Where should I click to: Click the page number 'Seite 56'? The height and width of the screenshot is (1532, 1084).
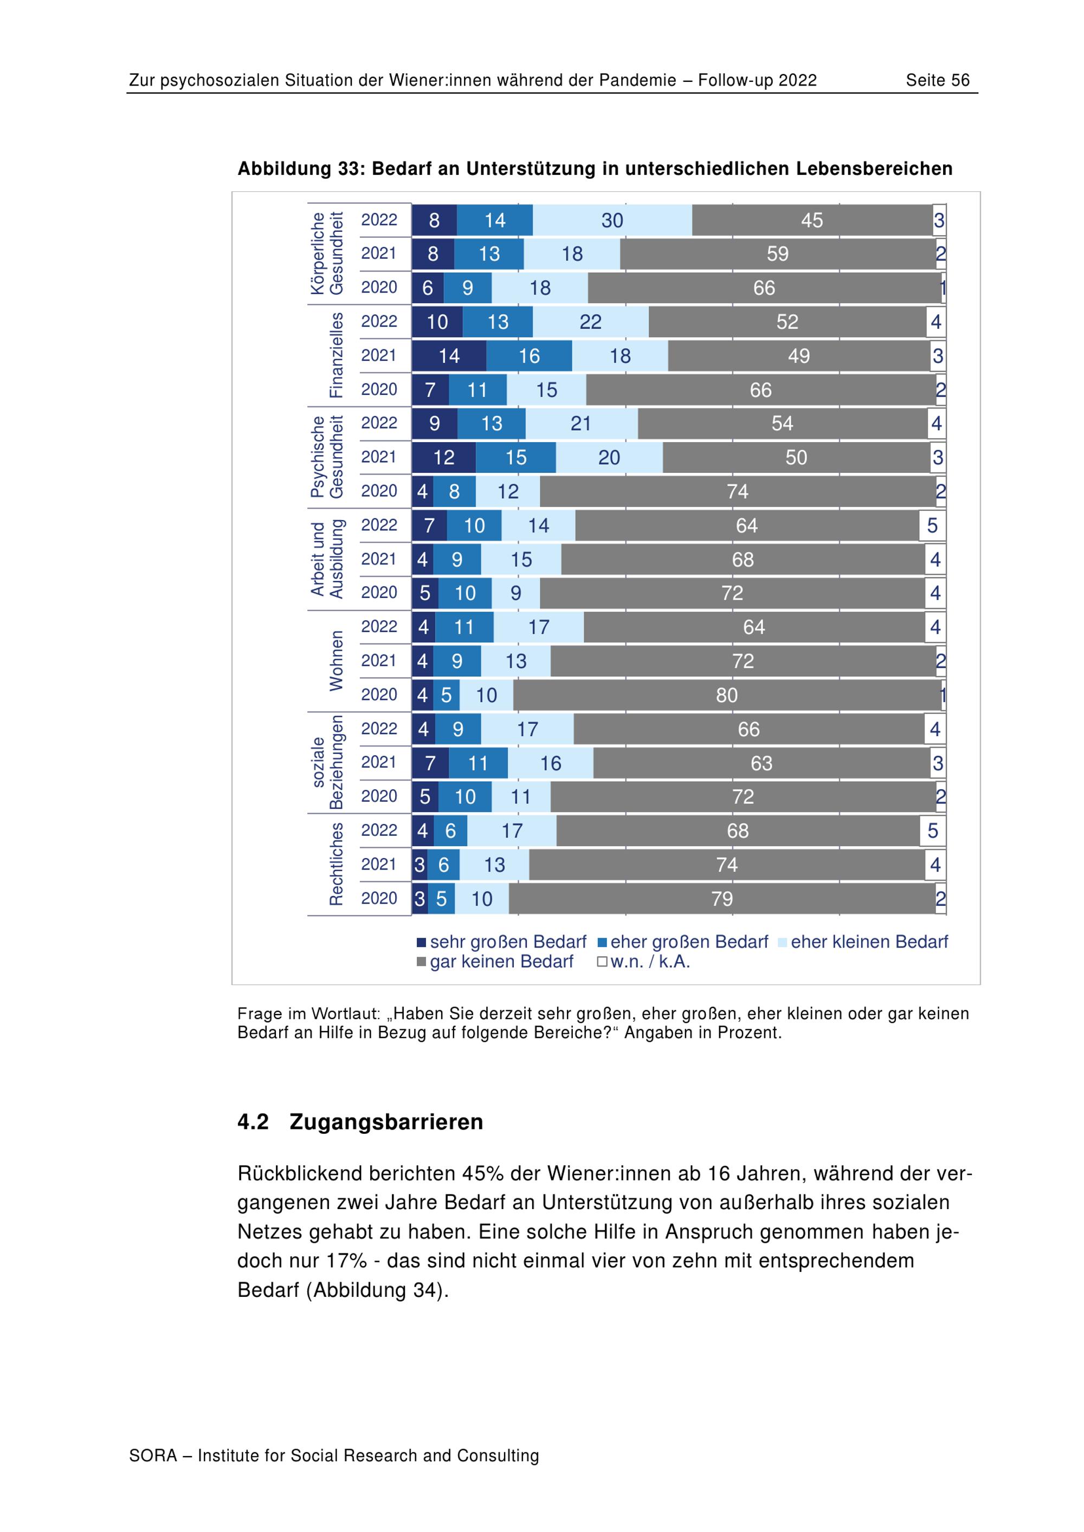coord(937,81)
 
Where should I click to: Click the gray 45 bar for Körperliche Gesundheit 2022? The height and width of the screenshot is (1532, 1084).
coord(812,220)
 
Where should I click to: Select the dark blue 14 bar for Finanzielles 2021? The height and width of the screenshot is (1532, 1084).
coord(449,355)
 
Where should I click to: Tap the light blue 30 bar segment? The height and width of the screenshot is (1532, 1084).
coord(612,220)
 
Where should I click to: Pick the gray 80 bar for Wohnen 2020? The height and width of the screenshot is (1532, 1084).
coord(727,695)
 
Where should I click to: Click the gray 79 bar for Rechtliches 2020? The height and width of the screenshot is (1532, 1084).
coord(721,899)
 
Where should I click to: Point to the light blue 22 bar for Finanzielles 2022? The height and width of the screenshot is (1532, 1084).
coord(590,322)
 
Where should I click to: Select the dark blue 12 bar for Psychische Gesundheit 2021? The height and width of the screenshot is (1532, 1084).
coord(443,457)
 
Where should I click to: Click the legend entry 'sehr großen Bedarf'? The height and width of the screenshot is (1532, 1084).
coord(501,942)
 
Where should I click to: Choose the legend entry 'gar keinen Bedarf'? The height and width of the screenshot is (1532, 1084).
coord(495,962)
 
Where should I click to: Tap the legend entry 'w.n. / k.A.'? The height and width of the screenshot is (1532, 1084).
coord(643,962)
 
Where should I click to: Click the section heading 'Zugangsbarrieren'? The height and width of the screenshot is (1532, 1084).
coord(386,1121)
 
